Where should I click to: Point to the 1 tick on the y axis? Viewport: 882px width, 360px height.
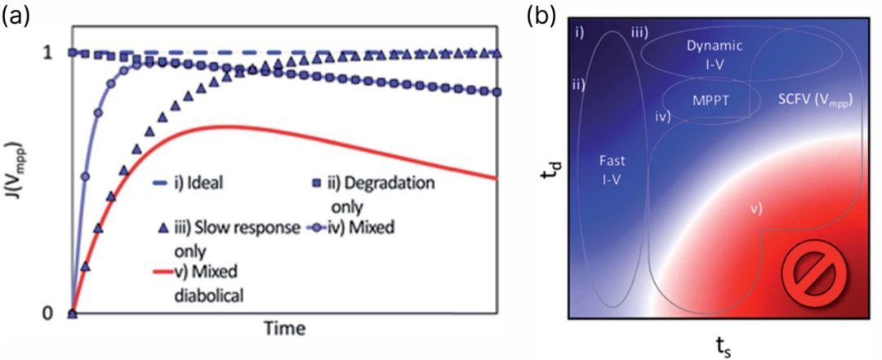[x=49, y=53]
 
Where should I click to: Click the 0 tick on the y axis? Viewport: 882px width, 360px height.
[x=49, y=313]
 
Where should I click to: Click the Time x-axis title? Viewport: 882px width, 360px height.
[x=286, y=328]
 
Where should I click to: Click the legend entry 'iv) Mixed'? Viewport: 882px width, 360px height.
[x=352, y=229]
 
